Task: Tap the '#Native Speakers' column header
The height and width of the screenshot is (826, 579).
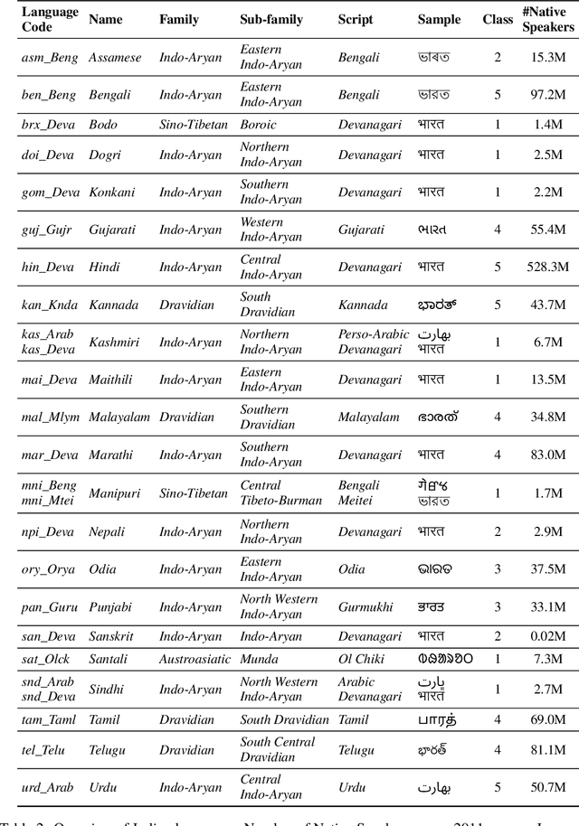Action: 547,20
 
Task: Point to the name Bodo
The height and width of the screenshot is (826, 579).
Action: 104,125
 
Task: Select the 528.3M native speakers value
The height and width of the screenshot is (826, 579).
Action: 548,268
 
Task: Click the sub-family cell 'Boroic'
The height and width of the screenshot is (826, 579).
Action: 258,125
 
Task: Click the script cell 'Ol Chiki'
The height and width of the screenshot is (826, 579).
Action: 361,660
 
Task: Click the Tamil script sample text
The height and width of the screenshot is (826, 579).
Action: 437,720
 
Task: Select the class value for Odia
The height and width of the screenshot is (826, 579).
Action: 497,569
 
